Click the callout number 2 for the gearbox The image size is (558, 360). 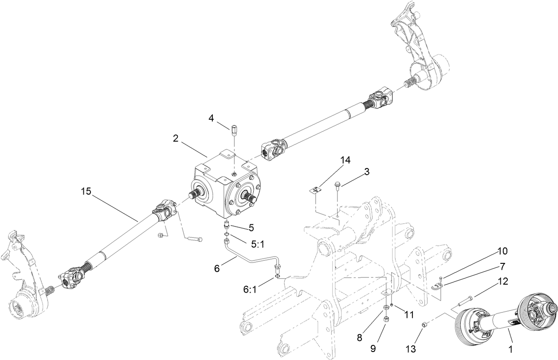click(176, 138)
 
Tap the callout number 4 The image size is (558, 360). click(212, 118)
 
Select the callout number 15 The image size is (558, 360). click(86, 192)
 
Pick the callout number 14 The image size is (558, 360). click(346, 160)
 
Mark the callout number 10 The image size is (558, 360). click(503, 251)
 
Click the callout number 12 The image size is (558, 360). click(503, 281)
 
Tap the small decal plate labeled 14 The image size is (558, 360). click(315, 190)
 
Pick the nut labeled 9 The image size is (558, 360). click(386, 319)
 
